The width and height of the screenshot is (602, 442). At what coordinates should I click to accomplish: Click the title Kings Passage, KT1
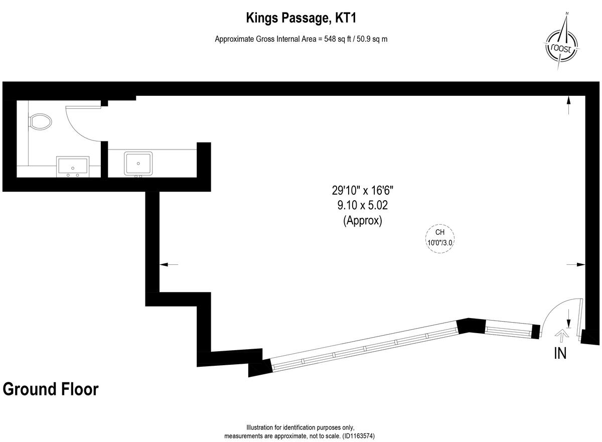pos(300,19)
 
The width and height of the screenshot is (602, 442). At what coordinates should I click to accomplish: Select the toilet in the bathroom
pos(41,121)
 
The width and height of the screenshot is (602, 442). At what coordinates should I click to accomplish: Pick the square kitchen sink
pos(138,163)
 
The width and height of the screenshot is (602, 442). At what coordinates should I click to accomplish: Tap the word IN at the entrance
pos(560,353)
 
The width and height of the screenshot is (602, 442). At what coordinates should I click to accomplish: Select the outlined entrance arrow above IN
pos(561,334)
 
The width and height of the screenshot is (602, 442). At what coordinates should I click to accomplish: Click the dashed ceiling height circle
pos(439,237)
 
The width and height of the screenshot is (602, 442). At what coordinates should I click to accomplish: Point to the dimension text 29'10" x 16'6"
pos(362,191)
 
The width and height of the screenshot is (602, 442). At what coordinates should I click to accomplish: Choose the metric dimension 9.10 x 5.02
pos(362,205)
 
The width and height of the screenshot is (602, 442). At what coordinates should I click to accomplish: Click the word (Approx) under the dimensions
pos(362,220)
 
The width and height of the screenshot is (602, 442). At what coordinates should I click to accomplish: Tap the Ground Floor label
pos(51,389)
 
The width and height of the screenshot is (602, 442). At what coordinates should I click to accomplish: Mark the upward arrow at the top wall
pos(568,106)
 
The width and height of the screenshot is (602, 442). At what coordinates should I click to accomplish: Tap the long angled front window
pos(364,347)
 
